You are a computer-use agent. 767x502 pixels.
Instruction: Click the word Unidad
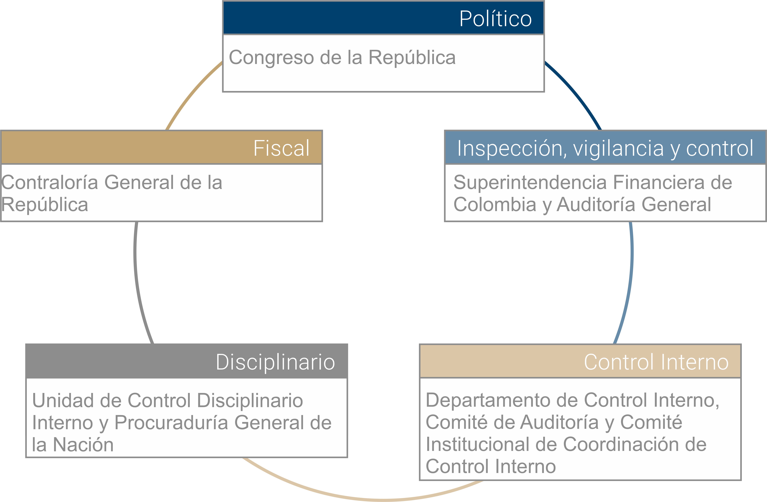click(64, 400)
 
